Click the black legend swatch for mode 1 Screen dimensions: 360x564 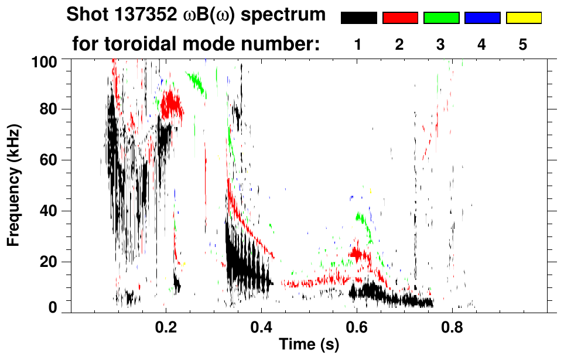pyautogui.click(x=358, y=18)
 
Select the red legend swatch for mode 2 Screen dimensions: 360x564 pyautogui.click(x=400, y=18)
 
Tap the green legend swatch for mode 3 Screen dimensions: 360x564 pyautogui.click(x=441, y=18)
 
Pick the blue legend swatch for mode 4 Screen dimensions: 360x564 pyautogui.click(x=482, y=18)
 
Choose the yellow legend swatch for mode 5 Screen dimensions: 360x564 pyautogui.click(x=523, y=18)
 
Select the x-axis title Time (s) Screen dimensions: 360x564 pyautogui.click(x=308, y=345)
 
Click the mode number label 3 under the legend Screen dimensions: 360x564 pyautogui.click(x=440, y=45)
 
